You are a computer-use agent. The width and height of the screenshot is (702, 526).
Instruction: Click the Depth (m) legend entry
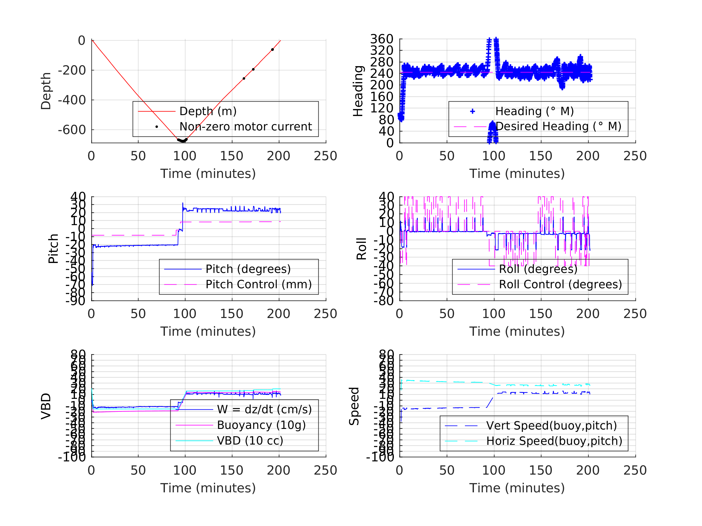pos(208,111)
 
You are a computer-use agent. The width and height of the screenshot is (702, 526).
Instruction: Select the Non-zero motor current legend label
pos(245,127)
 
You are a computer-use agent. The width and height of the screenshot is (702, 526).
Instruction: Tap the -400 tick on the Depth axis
pos(72,100)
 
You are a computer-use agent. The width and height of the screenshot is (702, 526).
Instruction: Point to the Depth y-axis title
pos(46,91)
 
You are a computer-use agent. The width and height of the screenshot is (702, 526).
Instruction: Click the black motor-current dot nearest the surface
pos(272,50)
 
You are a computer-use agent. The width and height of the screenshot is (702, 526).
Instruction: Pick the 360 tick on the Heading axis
pos(382,39)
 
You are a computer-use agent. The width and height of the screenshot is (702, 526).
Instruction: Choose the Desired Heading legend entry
pos(558,126)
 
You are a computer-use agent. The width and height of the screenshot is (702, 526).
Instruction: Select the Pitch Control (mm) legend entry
pos(258,284)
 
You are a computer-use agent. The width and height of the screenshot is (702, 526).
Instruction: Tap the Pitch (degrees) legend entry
pos(248,269)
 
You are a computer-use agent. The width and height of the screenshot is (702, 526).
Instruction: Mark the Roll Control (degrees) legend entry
pos(560,284)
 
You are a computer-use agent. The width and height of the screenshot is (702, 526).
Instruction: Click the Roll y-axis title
pos(361,249)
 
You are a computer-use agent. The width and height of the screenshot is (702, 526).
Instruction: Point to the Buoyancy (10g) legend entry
pos(261,425)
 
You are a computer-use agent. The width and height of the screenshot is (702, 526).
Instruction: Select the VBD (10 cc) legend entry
pos(250,440)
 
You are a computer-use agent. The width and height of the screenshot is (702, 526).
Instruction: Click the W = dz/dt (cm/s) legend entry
pos(264,409)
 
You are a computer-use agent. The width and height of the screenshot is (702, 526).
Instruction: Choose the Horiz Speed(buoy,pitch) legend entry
pos(554,441)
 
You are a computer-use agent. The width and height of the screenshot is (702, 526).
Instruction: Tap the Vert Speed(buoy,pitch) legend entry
pos(551,426)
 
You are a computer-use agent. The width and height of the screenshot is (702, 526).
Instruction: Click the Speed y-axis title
pos(354,406)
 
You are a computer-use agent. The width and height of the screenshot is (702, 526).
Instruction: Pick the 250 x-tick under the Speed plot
pos(635,470)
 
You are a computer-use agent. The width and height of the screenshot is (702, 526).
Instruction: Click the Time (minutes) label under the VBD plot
pos(208,488)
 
